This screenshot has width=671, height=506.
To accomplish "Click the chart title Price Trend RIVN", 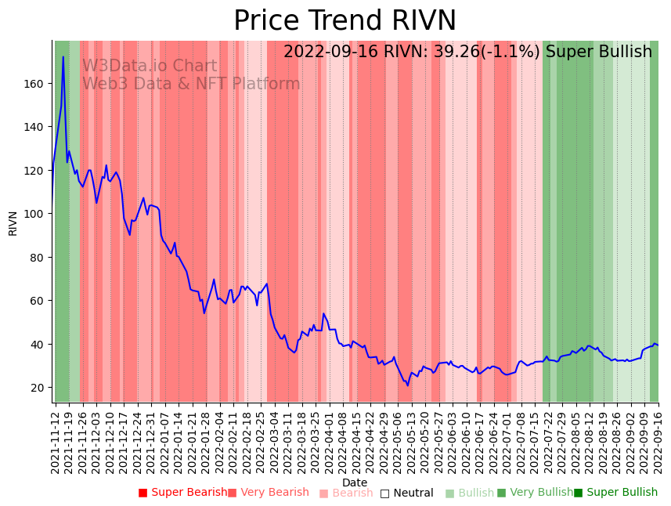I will tap(345, 21).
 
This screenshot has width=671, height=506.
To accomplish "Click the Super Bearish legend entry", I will tap(183, 493).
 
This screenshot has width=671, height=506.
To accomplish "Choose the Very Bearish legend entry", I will tap(269, 493).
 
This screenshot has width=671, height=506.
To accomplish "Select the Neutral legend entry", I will tap(406, 493).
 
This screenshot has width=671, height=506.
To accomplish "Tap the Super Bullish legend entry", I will tap(616, 493).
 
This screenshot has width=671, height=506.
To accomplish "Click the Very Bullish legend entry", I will tap(536, 493).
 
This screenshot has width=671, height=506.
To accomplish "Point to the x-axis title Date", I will tap(355, 483).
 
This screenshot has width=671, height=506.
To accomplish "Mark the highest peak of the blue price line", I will tap(63, 56).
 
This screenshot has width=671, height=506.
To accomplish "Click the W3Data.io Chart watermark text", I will tap(150, 67).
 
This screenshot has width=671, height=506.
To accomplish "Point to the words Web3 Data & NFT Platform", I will tap(191, 84).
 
